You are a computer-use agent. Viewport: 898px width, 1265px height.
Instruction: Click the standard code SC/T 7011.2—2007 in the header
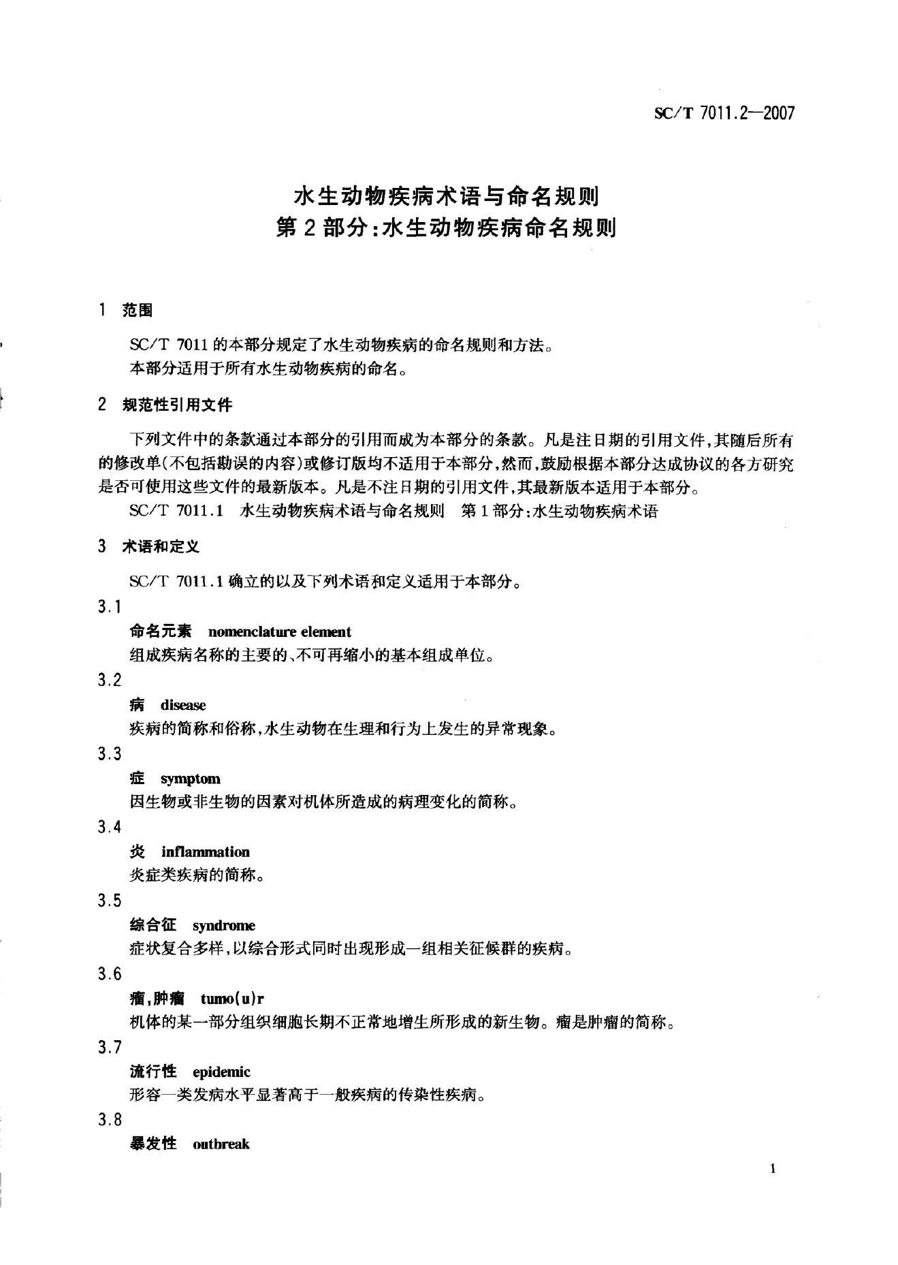pyautogui.click(x=724, y=113)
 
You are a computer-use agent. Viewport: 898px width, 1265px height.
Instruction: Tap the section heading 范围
pyautogui.click(x=137, y=311)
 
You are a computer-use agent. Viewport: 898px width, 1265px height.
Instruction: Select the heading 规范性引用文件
pyautogui.click(x=176, y=405)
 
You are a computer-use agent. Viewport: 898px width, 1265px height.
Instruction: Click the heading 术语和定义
pyautogui.click(x=161, y=546)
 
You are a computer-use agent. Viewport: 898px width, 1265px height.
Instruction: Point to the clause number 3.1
pyautogui.click(x=109, y=607)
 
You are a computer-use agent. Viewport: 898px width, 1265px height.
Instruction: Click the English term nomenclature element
pyautogui.click(x=279, y=631)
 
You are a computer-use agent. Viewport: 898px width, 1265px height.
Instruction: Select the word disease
pyautogui.click(x=183, y=705)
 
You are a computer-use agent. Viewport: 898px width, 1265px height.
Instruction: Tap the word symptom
pyautogui.click(x=191, y=779)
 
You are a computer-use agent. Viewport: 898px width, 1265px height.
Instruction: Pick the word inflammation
pyautogui.click(x=206, y=852)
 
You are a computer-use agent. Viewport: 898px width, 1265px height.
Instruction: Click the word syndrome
pyautogui.click(x=224, y=925)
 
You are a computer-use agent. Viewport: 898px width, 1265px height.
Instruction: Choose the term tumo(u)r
pyautogui.click(x=232, y=999)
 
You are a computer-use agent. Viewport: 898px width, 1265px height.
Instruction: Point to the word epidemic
pyautogui.click(x=222, y=1072)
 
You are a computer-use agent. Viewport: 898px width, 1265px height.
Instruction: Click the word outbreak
pyautogui.click(x=221, y=1144)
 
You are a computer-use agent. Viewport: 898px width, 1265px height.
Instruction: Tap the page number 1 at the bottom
pyautogui.click(x=773, y=1169)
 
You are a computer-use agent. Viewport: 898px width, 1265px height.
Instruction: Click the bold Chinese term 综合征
pyautogui.click(x=153, y=925)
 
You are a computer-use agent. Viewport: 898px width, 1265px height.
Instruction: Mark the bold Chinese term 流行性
pyautogui.click(x=153, y=1072)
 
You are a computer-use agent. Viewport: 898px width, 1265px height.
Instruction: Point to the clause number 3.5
pyautogui.click(x=109, y=901)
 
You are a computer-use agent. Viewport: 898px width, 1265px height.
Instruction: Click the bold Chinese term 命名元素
pyautogui.click(x=161, y=631)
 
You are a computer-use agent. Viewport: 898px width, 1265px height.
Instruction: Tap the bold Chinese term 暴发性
pyautogui.click(x=153, y=1144)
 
